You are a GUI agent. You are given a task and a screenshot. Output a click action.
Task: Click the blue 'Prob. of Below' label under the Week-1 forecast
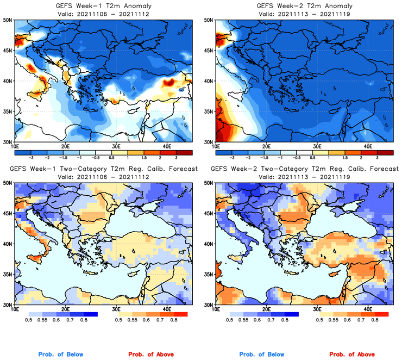tap(61, 355)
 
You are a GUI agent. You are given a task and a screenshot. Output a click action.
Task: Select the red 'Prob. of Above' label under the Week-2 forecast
tap(353, 355)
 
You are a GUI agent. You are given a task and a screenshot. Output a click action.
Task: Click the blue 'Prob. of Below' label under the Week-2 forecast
tap(261, 355)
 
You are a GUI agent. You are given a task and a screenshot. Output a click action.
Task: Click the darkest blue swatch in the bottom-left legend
tap(90, 314)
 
